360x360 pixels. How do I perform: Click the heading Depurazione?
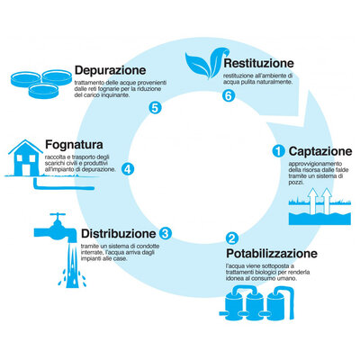[111, 69]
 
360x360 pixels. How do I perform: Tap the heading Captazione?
[321, 150]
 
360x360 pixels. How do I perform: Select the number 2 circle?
[231, 239]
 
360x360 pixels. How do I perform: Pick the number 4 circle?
[128, 168]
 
